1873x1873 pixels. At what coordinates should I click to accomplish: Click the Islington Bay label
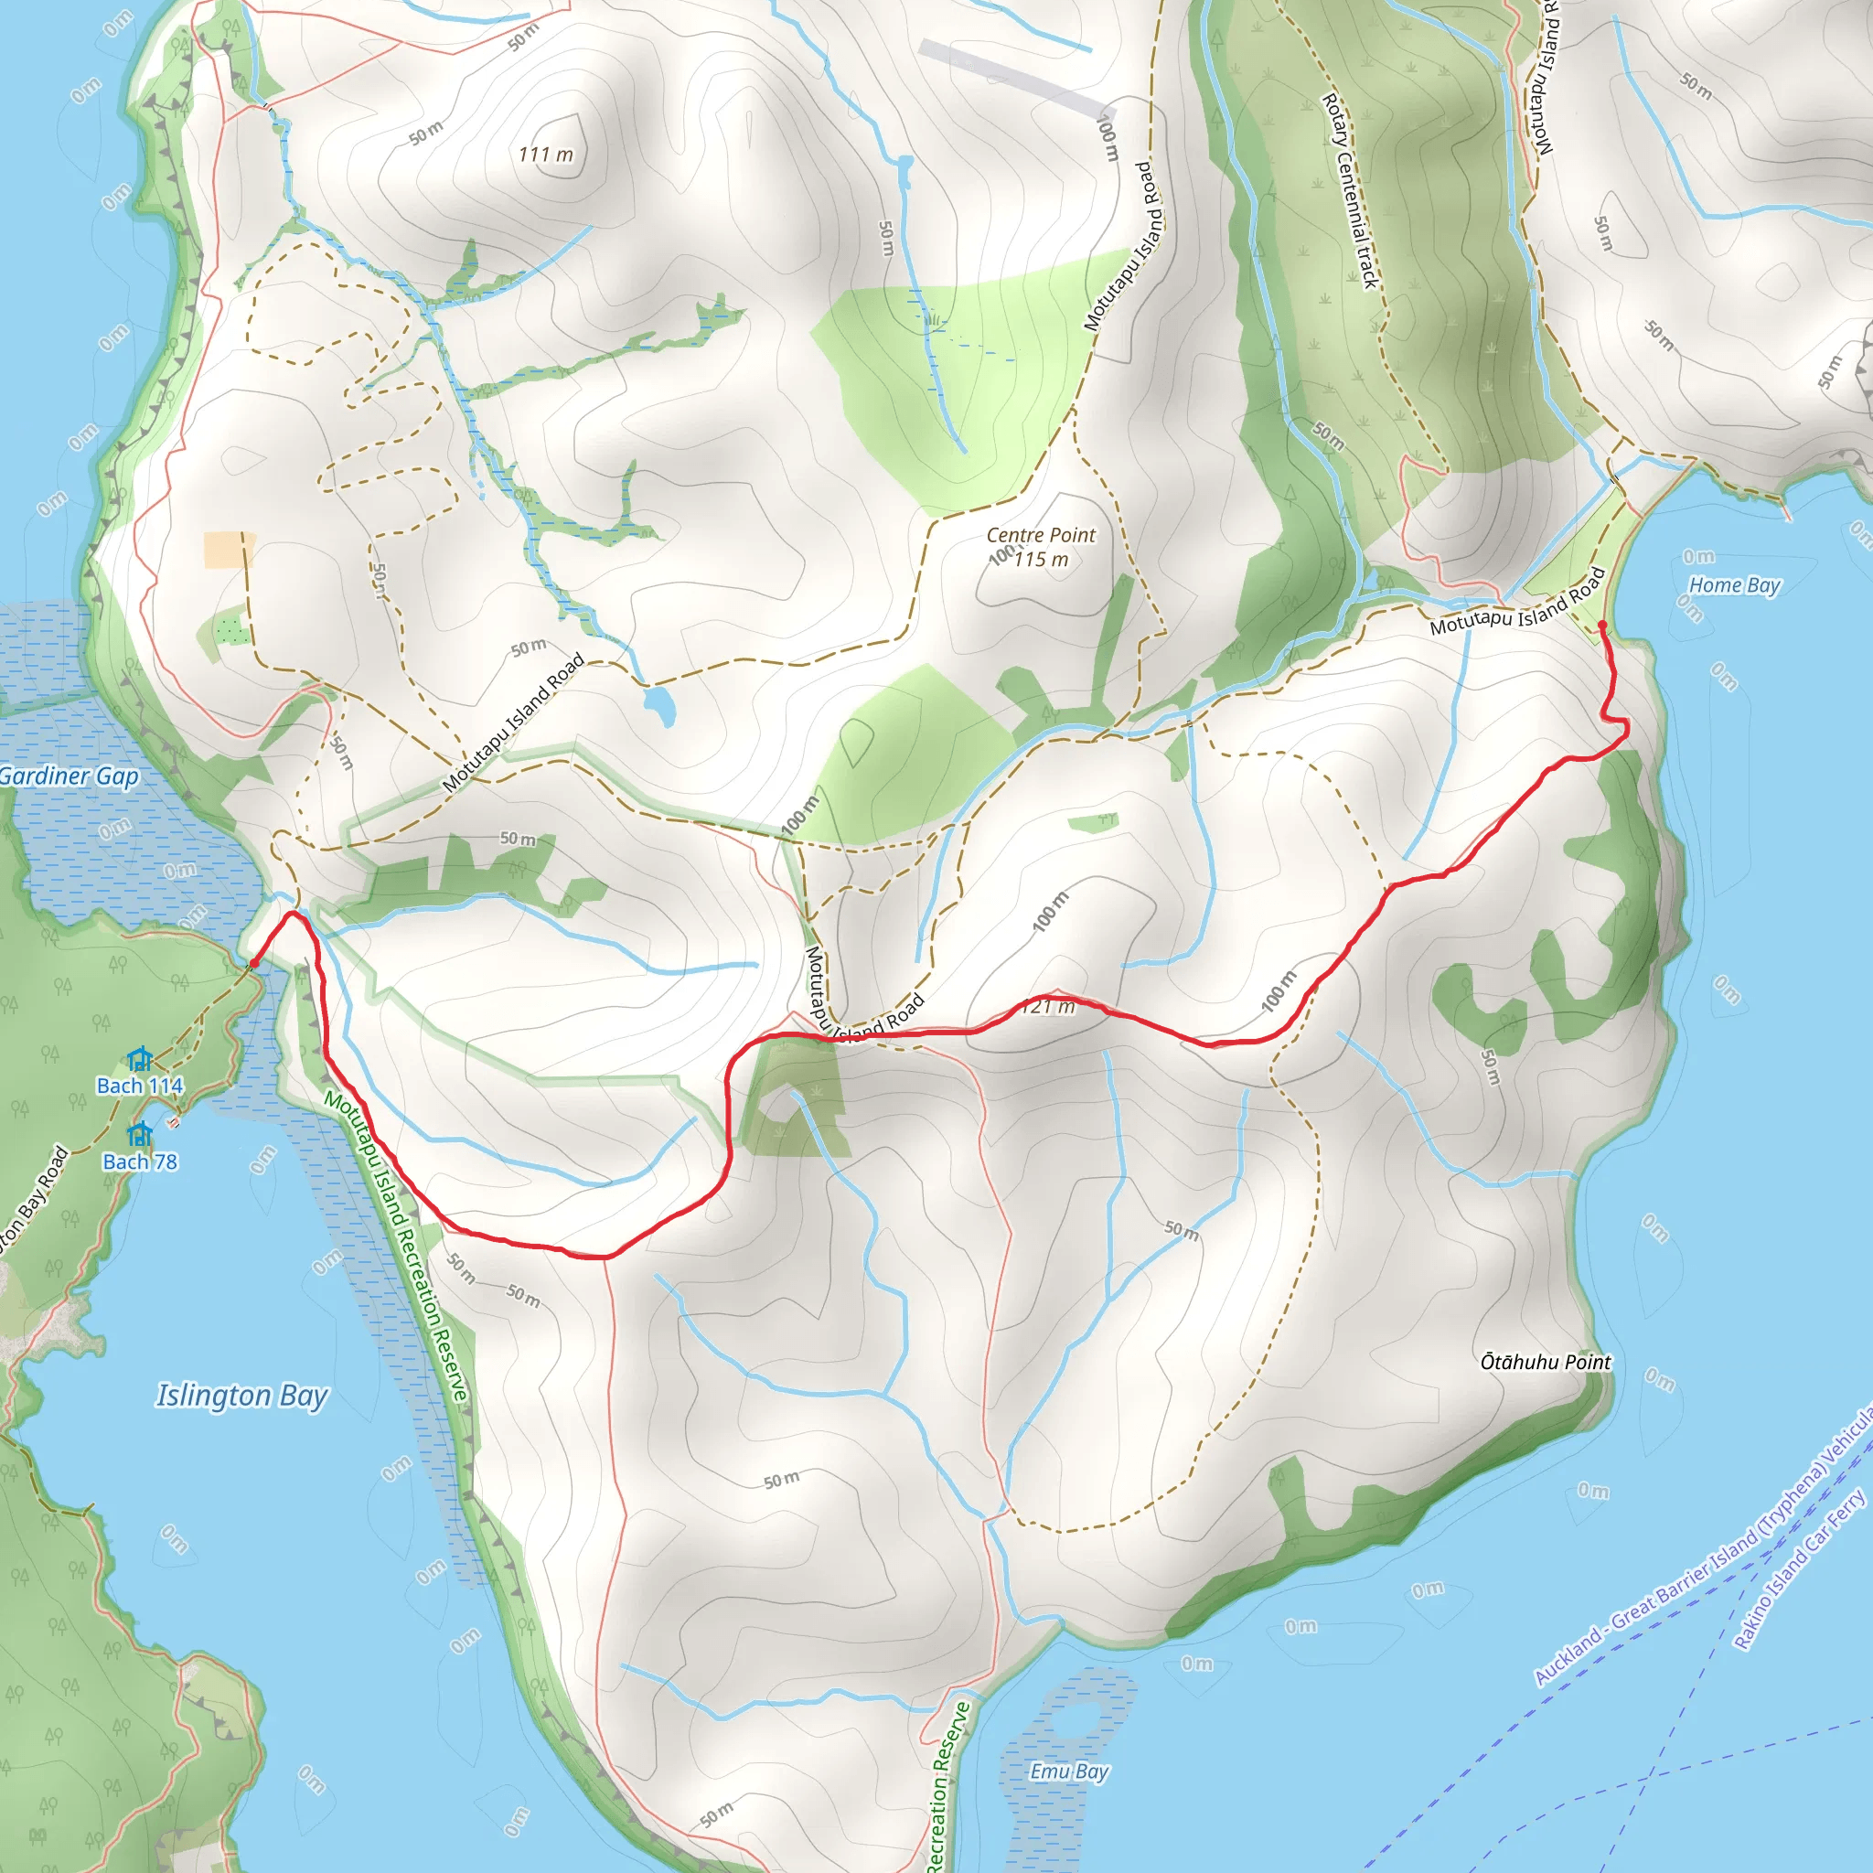242,1395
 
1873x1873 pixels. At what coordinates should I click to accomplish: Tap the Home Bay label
1734,584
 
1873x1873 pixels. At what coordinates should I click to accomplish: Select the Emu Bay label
1068,1771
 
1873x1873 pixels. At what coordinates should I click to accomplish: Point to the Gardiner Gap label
68,776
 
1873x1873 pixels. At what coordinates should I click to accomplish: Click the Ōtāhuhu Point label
1546,1361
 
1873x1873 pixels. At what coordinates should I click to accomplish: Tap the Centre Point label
1040,534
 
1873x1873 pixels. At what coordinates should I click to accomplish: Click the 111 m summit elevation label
546,155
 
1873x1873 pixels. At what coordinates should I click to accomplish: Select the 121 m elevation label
1049,1006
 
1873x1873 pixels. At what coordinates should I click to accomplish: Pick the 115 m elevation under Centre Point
1041,560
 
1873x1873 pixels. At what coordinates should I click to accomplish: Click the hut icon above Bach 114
140,1059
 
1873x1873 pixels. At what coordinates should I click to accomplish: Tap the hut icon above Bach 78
140,1133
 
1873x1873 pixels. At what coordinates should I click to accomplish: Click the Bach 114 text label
140,1086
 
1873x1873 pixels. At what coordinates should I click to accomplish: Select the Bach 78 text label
140,1161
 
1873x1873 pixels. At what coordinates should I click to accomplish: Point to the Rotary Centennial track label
1351,190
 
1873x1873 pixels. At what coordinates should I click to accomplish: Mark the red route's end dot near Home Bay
1601,625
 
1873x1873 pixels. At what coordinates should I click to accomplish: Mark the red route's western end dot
253,963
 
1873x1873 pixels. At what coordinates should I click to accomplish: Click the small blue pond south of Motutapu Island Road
659,705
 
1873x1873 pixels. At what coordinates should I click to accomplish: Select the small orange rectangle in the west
229,550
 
